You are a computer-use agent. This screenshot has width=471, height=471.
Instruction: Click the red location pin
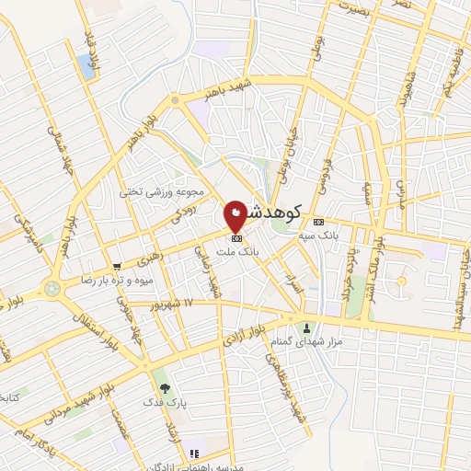point(236,214)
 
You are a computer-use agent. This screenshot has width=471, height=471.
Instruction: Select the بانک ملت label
point(237,249)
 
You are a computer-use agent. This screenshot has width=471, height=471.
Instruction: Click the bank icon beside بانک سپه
point(319,223)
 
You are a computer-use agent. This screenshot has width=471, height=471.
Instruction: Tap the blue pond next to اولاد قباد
point(86,65)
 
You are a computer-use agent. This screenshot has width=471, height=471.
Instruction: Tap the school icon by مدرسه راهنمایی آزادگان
point(193,454)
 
